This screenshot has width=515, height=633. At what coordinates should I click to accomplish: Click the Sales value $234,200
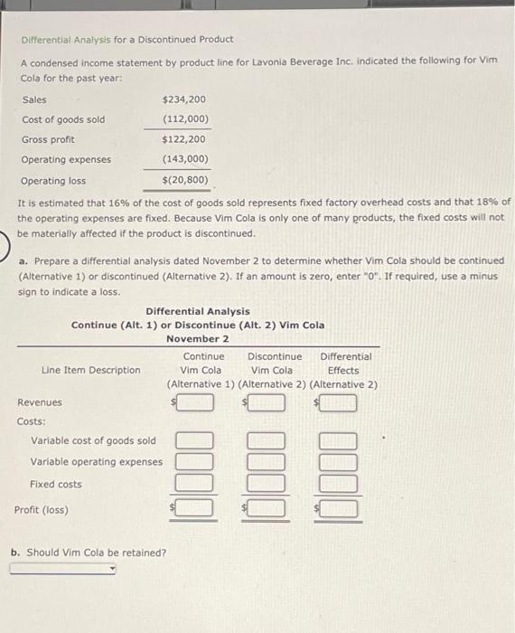coord(183,99)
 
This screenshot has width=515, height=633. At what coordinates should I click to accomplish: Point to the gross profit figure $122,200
coord(183,139)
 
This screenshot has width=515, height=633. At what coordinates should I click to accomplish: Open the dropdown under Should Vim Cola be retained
coord(63,569)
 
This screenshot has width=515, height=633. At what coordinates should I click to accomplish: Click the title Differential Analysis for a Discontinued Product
coord(127,40)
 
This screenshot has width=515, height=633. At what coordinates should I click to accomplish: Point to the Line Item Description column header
coord(91,370)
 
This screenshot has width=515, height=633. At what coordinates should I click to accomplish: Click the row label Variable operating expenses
coord(97,462)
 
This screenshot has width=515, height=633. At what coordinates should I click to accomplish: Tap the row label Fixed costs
coord(56,484)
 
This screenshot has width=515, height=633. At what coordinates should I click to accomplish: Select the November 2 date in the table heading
coord(197,338)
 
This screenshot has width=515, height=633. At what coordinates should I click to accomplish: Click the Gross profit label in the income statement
coord(49,139)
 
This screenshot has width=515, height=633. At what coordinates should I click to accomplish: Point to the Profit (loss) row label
coord(42,509)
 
